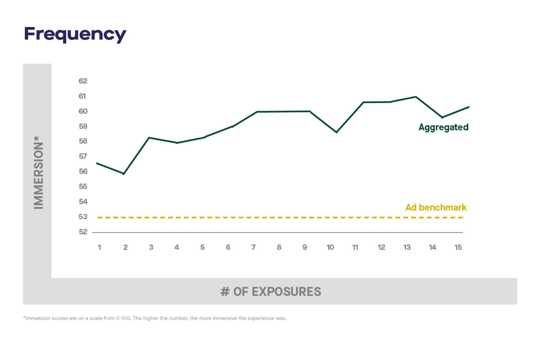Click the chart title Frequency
click(75, 34)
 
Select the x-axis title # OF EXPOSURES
click(270, 291)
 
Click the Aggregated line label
click(443, 127)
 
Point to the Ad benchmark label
click(436, 207)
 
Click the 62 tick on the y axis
click(83, 81)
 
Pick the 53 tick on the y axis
click(83, 217)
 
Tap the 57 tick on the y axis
click(83, 156)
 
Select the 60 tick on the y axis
click(83, 111)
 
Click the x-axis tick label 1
click(100, 247)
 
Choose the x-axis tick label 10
click(330, 247)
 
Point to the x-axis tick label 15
click(458, 247)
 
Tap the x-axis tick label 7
click(254, 247)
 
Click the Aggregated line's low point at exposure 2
click(123, 174)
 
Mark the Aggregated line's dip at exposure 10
click(336, 132)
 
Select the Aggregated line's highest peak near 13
click(416, 97)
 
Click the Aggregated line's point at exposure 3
click(149, 137)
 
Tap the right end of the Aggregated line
click(469, 107)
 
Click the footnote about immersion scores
click(155, 318)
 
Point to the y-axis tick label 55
click(83, 186)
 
